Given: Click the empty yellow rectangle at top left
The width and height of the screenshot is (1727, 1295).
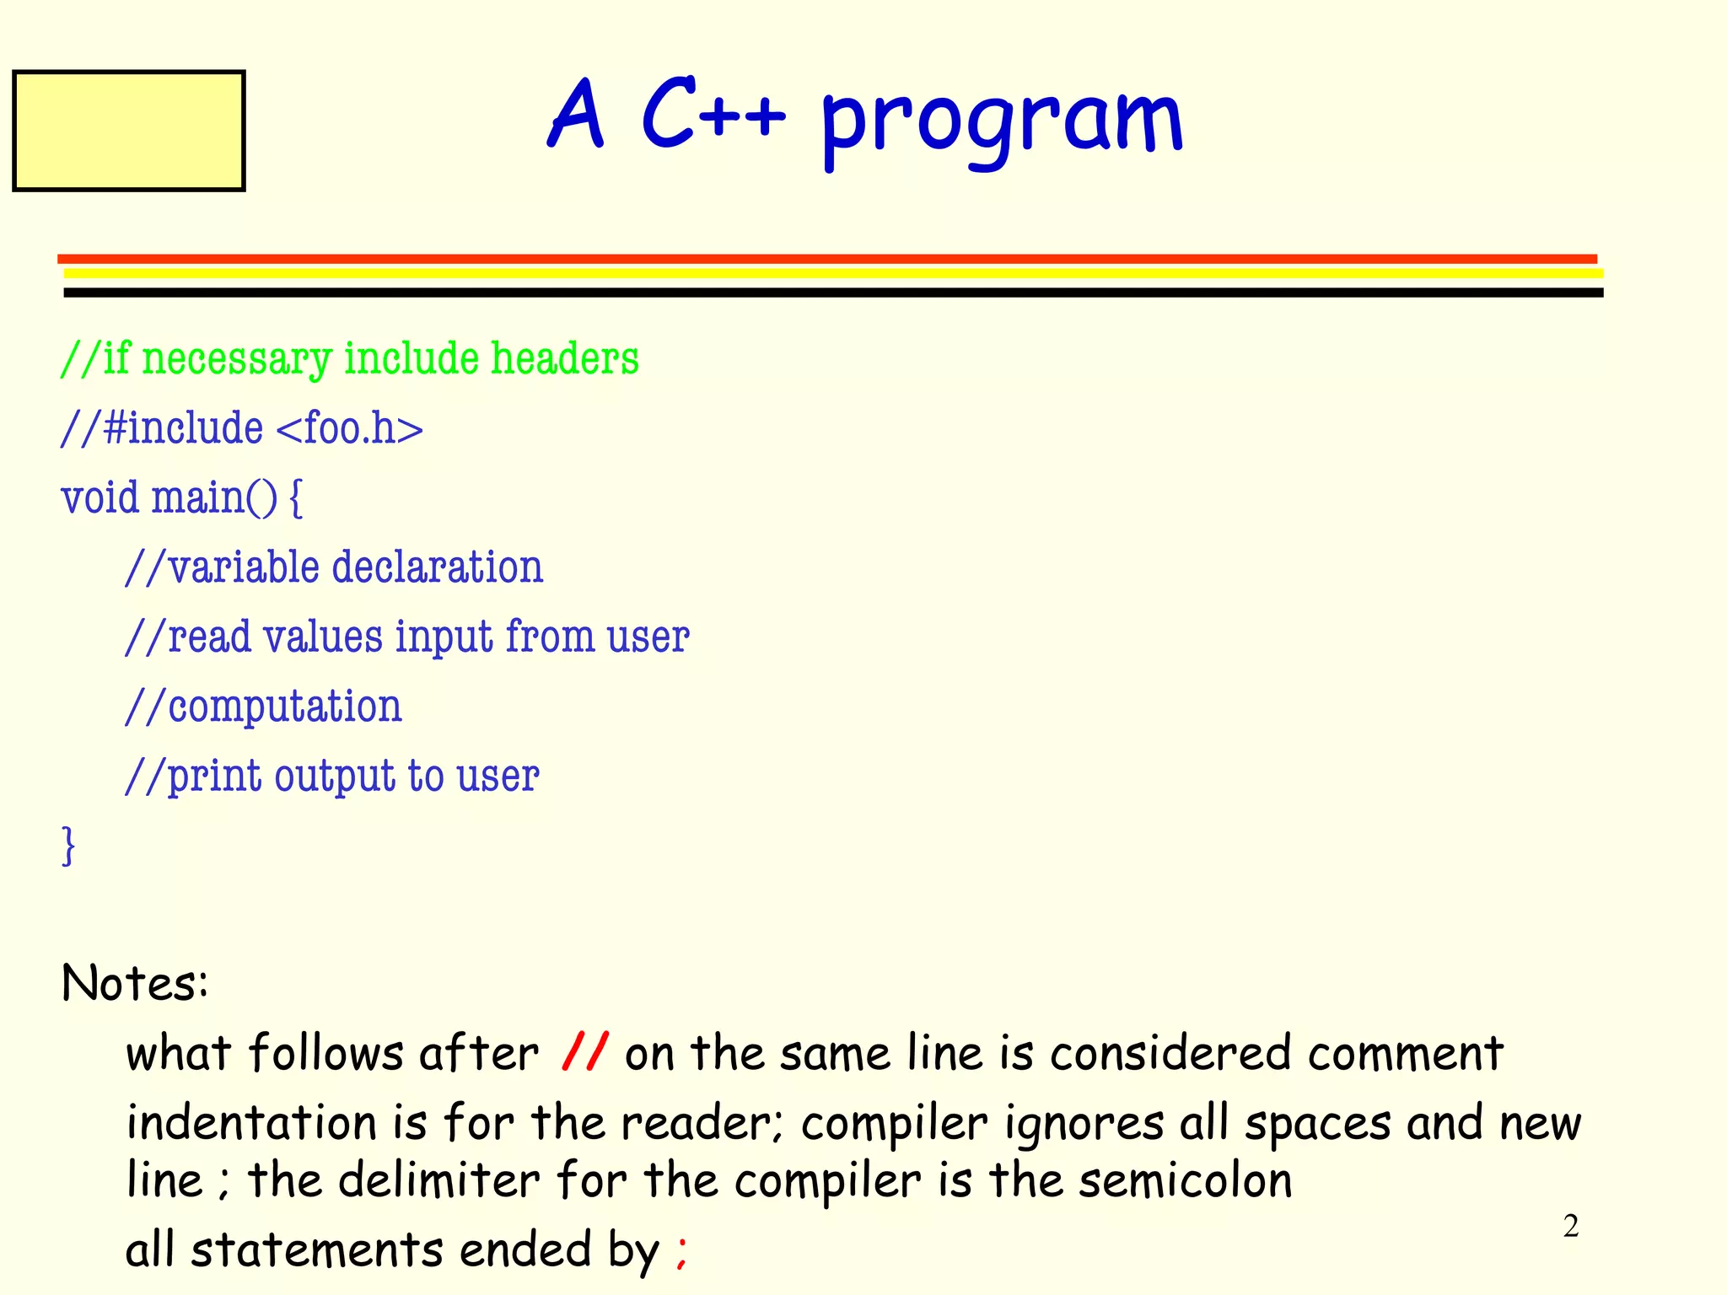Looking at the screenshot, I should coord(128,131).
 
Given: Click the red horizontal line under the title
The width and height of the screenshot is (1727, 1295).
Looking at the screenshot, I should coord(826,259).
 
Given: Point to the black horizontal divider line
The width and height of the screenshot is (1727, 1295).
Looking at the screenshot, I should coord(833,293).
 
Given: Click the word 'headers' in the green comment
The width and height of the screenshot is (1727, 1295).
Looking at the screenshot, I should coord(565,358).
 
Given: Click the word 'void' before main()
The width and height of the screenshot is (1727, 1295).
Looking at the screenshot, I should coord(100,497).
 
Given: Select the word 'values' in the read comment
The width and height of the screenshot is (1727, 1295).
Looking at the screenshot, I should coord(323,637).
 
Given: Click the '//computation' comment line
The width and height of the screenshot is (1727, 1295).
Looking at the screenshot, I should coord(263,707).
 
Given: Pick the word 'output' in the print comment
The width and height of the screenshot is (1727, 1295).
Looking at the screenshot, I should coord(335,776).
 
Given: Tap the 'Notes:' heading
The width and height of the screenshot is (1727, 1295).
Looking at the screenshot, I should coord(135,983).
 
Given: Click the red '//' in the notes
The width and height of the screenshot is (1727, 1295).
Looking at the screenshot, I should coord(584,1052).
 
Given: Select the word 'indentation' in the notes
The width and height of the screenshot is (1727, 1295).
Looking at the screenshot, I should coord(251,1123).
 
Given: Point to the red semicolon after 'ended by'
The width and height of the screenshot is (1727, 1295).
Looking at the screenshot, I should coord(681,1252).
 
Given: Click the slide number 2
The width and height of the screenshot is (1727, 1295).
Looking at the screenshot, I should coord(1570,1227).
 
